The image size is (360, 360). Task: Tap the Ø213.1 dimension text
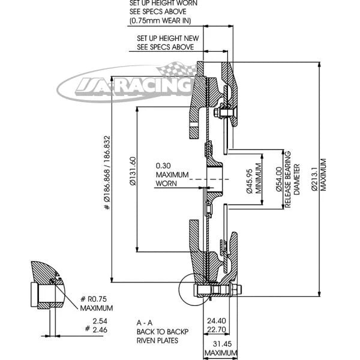315,175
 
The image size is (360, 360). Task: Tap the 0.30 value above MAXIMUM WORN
164,165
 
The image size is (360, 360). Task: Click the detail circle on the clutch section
194,290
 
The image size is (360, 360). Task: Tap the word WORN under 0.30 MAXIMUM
166,183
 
